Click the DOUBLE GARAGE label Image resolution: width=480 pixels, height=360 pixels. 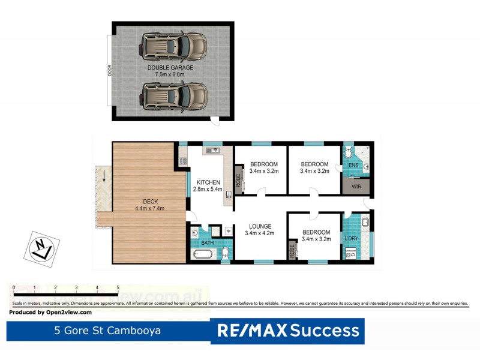pos(171,68)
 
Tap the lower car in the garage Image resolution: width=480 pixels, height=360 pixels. pos(174,96)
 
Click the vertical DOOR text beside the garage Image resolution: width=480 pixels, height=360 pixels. pos(110,70)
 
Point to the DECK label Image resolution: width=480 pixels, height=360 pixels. pos(149,202)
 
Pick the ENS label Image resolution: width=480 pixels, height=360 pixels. pos(354,165)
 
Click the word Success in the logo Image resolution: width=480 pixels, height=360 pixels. pos(326,331)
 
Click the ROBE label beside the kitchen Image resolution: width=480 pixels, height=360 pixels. pos(238,181)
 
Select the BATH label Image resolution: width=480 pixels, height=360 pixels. pos(208,244)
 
